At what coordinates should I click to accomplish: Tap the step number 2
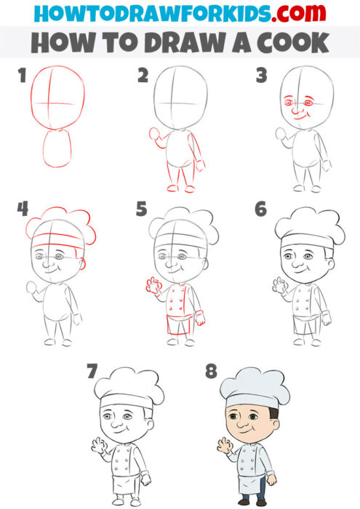(143, 75)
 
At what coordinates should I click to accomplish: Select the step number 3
(260, 75)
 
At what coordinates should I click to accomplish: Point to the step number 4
(23, 209)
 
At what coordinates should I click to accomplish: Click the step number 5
(142, 210)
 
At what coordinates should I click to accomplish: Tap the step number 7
(92, 372)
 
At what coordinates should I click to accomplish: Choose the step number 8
(211, 372)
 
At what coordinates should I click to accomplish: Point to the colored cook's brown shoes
(251, 502)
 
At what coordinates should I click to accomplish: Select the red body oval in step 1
(57, 148)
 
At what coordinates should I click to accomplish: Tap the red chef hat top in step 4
(60, 221)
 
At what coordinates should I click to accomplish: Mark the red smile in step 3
(300, 117)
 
